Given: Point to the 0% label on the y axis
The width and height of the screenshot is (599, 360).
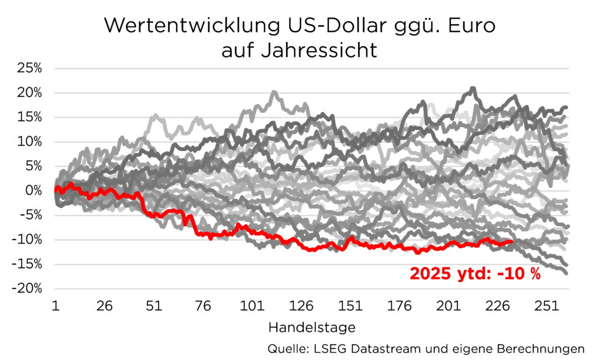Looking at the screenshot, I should point(34,190).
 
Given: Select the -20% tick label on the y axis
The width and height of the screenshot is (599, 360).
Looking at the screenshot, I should point(28,289).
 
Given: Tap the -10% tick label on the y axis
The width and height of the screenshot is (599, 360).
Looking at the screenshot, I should point(28,239).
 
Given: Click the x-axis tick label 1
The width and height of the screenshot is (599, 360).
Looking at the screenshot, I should point(54,307).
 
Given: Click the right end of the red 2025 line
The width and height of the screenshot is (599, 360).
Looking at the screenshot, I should point(512,241).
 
